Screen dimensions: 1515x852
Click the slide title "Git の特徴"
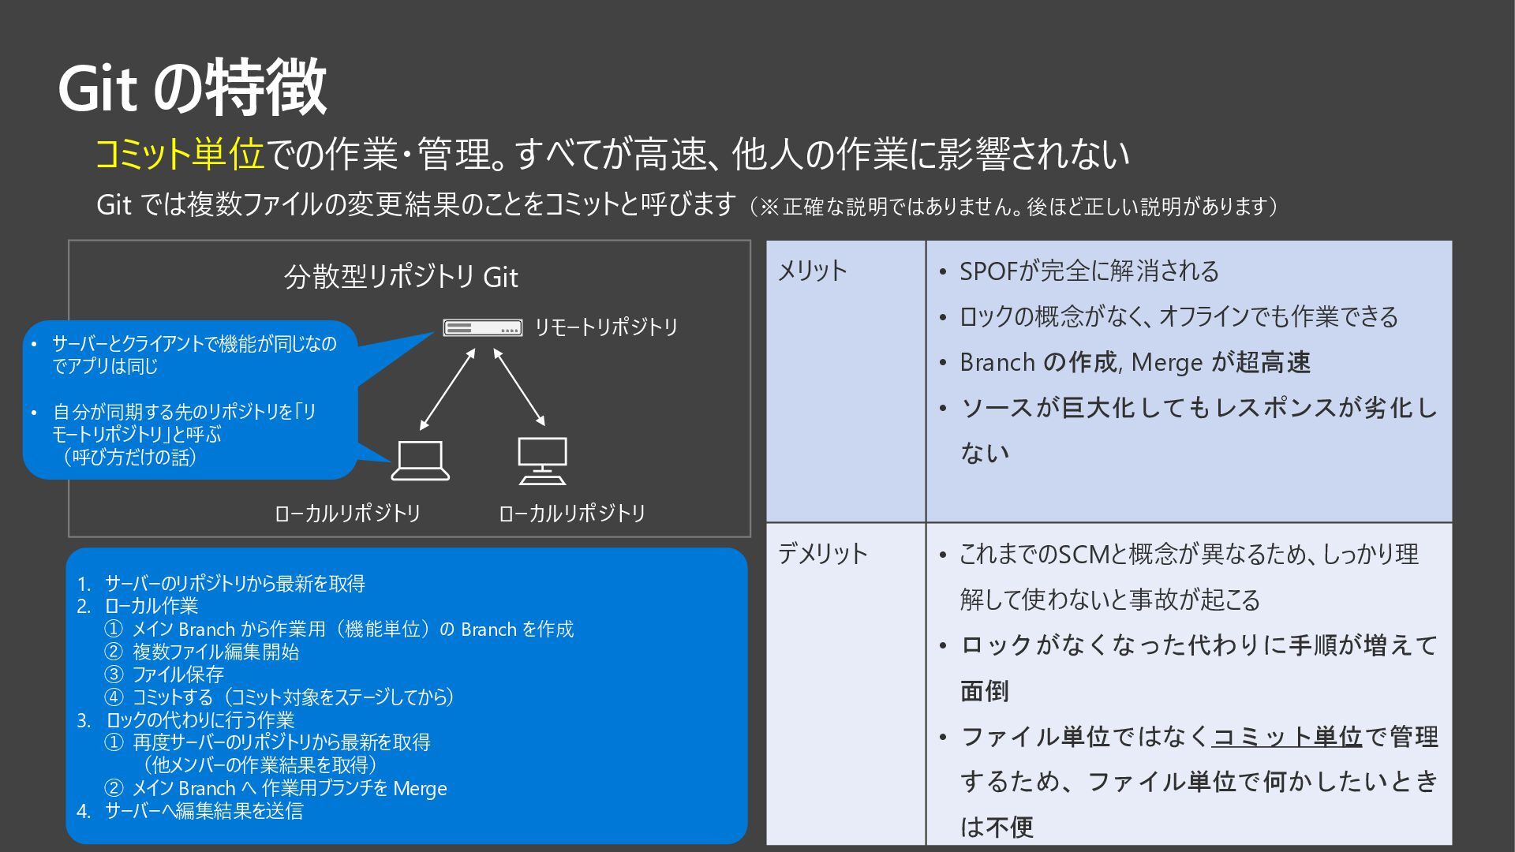click(x=193, y=87)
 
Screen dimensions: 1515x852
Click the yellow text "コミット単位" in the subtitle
click(x=179, y=154)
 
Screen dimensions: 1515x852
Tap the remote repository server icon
click(x=482, y=327)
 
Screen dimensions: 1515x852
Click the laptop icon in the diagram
click(x=421, y=461)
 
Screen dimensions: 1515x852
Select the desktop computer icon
click(x=542, y=461)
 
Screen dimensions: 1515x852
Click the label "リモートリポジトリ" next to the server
click(x=606, y=327)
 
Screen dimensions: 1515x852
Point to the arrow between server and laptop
click(x=447, y=390)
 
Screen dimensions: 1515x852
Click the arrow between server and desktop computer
click(x=519, y=387)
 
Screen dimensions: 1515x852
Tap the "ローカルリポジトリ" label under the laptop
click(x=347, y=514)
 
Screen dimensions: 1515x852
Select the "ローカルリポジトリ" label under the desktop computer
click(x=572, y=514)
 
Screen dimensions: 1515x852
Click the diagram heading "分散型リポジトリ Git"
click(x=401, y=278)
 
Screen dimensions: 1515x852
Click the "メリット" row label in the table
click(x=812, y=271)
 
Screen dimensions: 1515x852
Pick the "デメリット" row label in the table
click(x=822, y=554)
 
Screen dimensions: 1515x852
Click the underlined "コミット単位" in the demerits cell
click(x=1287, y=737)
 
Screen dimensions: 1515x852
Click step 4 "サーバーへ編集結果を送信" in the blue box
click(x=204, y=811)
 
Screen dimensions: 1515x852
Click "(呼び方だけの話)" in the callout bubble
click(x=129, y=457)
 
